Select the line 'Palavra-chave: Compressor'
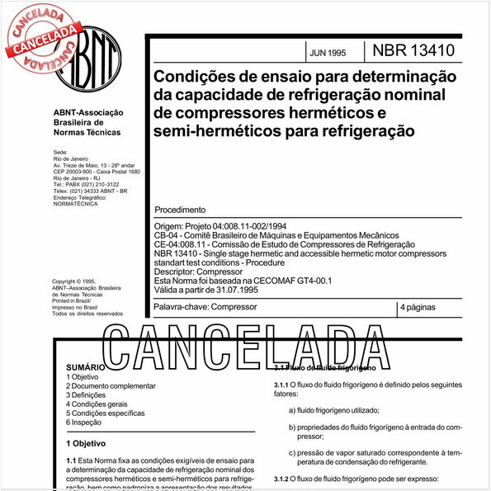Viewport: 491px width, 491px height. pyautogui.click(x=205, y=307)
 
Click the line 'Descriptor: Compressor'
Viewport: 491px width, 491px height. pyautogui.click(x=199, y=271)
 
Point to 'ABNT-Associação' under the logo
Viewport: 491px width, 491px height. pyautogui.click(x=87, y=113)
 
